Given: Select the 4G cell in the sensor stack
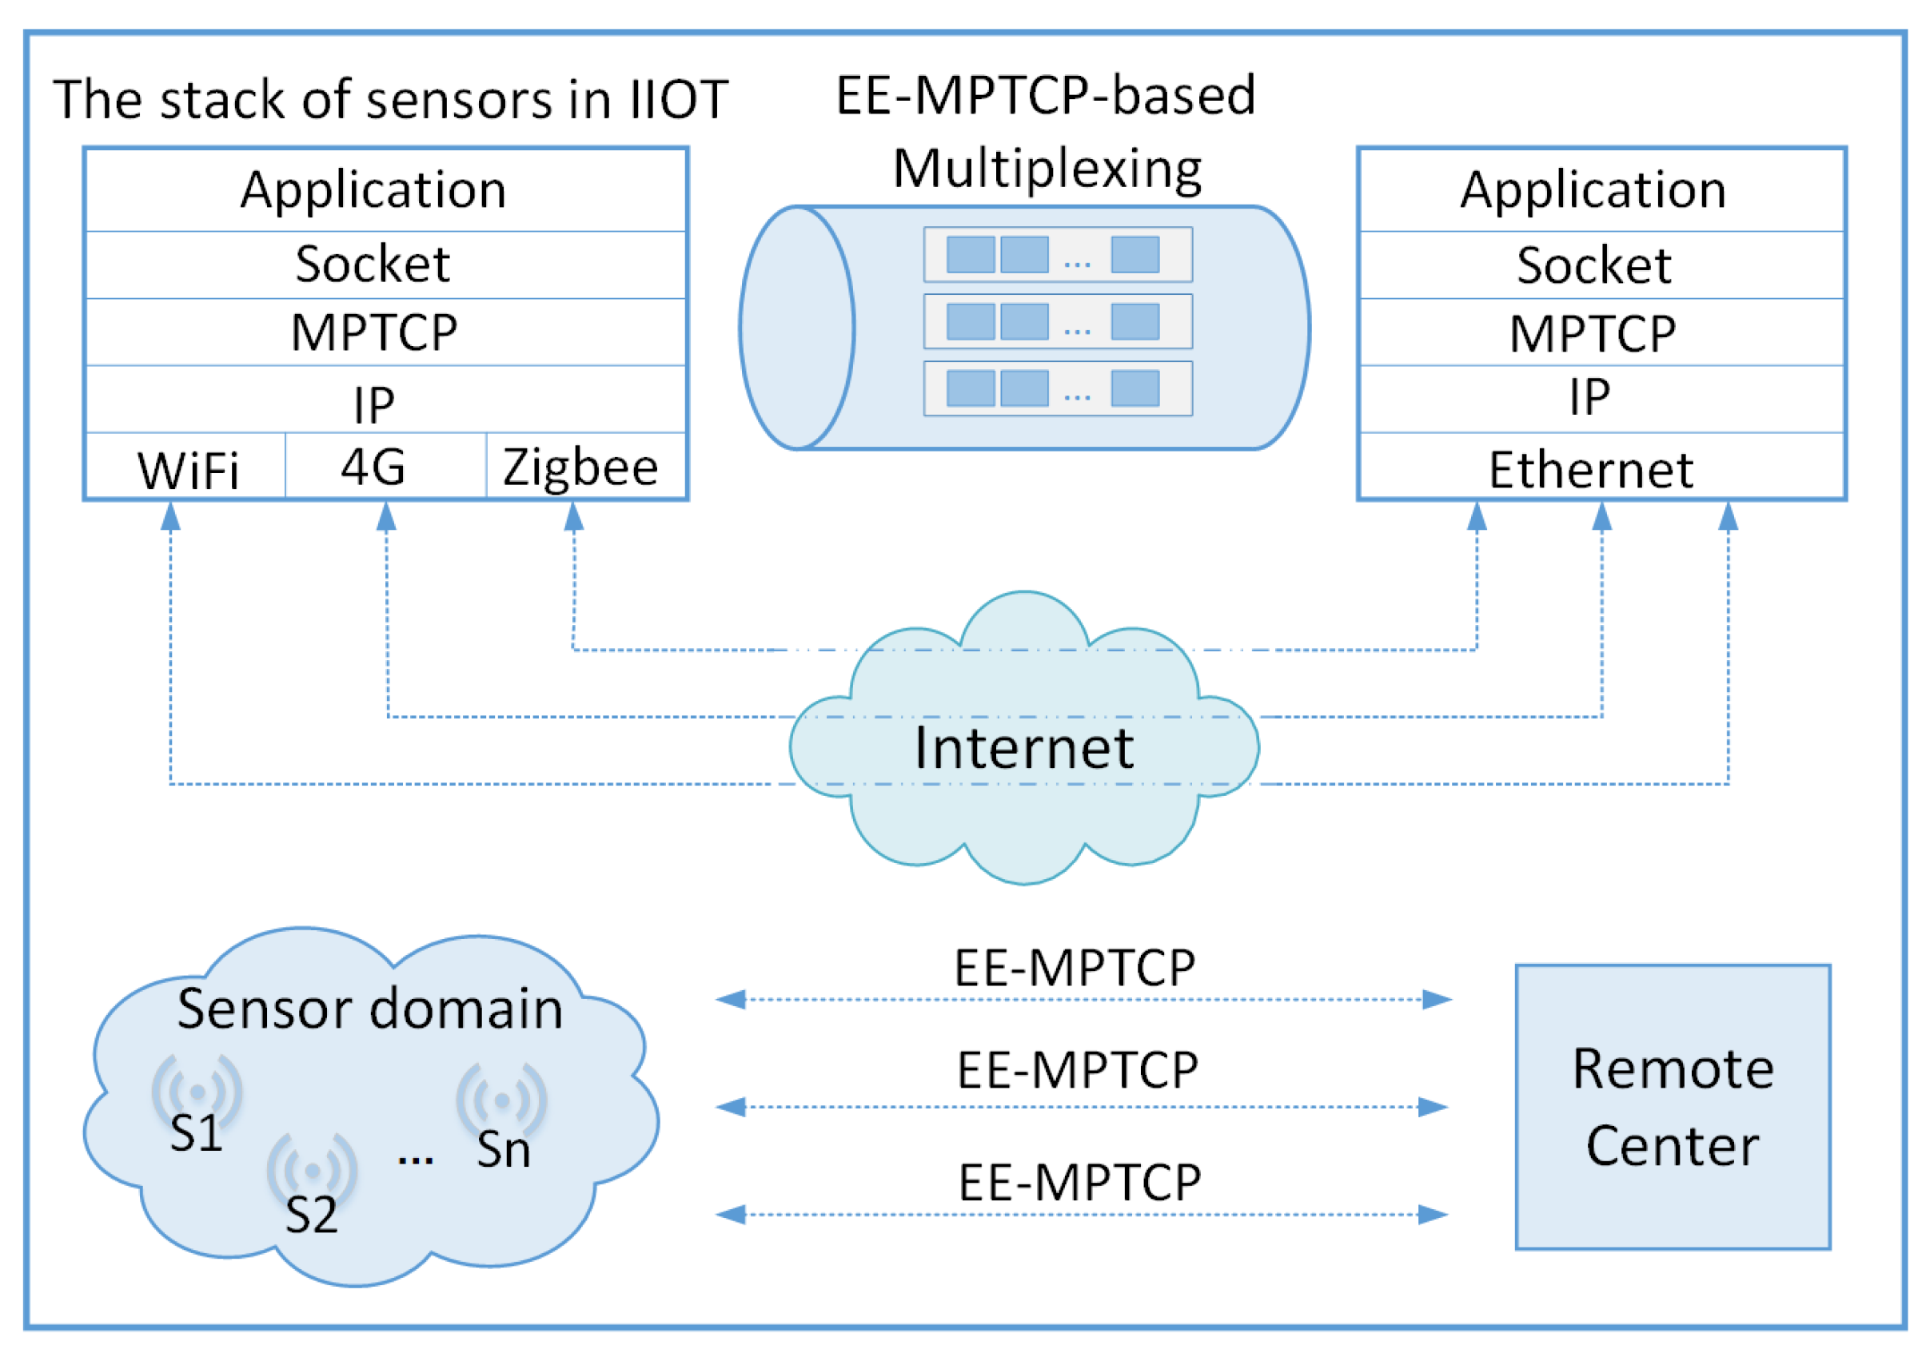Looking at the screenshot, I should (373, 468).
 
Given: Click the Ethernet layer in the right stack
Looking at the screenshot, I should (1590, 469).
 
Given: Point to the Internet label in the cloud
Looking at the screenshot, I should (1024, 747).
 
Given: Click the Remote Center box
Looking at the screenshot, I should (1673, 1108).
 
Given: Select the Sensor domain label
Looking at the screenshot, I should (370, 1009).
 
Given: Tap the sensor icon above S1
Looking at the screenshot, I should (197, 1091).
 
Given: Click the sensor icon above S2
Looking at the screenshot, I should (312, 1170).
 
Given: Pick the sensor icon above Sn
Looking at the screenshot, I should (502, 1099).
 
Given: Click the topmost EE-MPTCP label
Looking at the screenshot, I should (1075, 967).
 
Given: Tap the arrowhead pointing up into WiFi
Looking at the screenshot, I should (170, 517).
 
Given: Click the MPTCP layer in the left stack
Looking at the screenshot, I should (375, 332).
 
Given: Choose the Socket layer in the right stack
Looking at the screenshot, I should (1593, 265).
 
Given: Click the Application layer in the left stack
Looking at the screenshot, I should (374, 190).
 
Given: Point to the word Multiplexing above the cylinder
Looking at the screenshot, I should (1047, 169).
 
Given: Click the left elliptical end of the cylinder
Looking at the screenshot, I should (797, 328).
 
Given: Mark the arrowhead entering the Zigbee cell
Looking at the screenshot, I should (574, 517).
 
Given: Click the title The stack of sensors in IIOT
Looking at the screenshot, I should (390, 100).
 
